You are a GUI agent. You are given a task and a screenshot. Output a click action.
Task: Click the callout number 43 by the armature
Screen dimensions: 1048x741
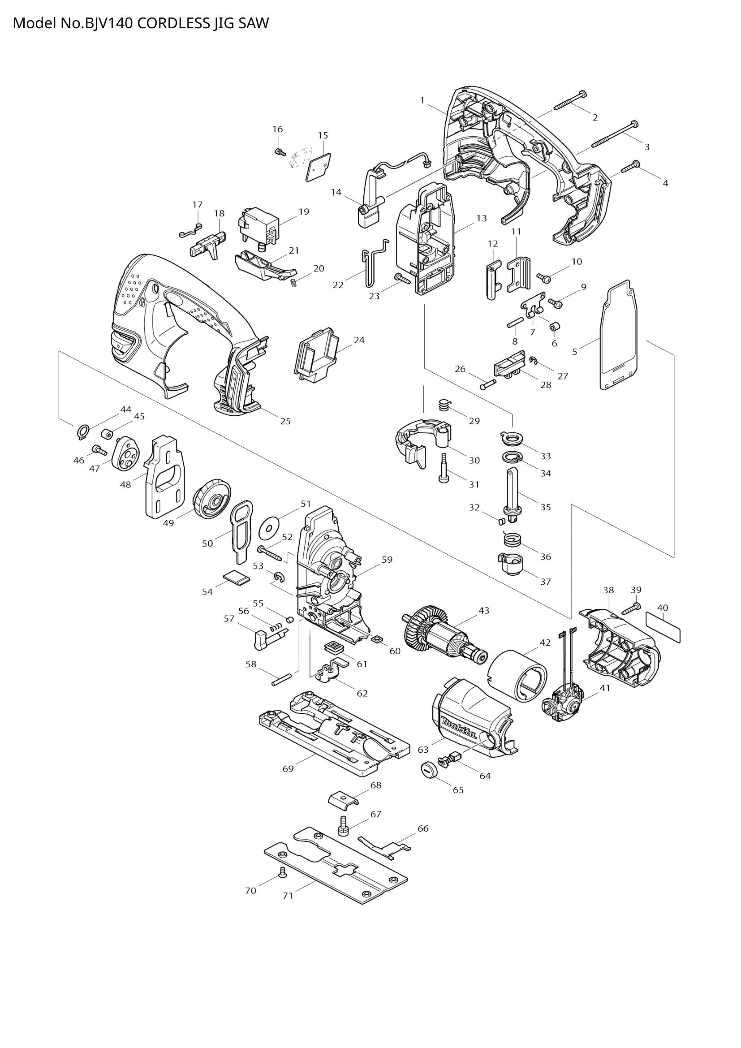click(484, 610)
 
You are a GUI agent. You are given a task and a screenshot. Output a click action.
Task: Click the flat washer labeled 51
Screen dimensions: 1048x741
click(269, 528)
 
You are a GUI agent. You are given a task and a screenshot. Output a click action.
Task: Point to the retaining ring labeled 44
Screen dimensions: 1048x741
click(82, 431)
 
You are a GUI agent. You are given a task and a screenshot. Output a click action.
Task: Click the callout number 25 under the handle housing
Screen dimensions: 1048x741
click(285, 421)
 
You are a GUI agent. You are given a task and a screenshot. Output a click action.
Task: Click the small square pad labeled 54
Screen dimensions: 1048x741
click(237, 578)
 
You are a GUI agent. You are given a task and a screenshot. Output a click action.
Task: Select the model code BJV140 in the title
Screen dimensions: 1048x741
click(108, 23)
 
